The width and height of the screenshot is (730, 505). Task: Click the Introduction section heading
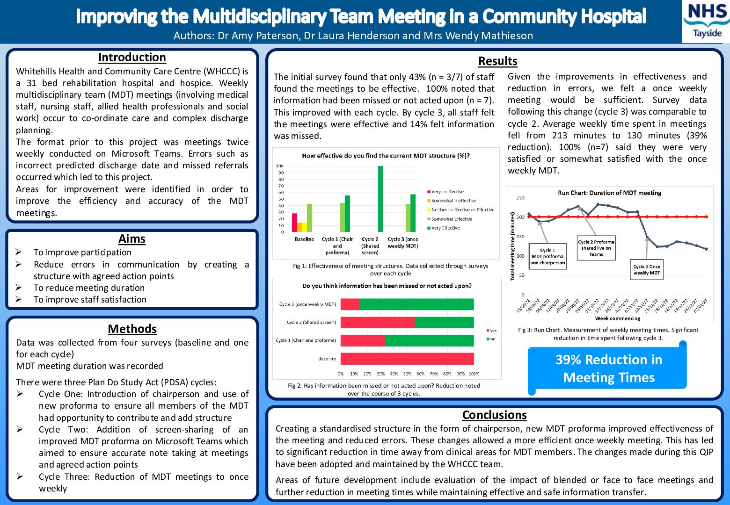coord(132,58)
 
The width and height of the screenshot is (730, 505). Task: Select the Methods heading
coord(132,329)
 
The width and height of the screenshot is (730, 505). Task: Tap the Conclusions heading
coord(494,415)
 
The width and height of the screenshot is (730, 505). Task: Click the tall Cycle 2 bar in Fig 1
coord(380,199)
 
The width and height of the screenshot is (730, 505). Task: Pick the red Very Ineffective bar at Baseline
coord(294,223)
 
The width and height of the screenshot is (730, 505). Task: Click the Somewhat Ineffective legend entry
coord(453,201)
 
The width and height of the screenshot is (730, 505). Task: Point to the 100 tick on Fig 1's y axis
coord(280,166)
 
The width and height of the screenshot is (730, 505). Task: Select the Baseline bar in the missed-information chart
coord(407,359)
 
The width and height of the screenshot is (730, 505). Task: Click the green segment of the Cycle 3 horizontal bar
coord(416,304)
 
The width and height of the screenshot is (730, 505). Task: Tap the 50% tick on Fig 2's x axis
coord(407,374)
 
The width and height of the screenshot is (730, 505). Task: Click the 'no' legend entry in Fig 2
coord(492,339)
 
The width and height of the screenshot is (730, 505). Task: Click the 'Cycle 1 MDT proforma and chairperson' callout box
coord(547,256)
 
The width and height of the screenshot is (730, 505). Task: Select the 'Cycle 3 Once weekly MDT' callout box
coord(647,270)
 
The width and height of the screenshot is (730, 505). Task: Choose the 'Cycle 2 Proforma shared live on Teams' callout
coord(596,248)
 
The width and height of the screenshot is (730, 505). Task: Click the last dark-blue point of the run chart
coord(706,249)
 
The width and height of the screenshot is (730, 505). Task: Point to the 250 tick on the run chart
coord(520,198)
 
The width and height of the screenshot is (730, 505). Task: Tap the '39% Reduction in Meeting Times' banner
coord(608,368)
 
